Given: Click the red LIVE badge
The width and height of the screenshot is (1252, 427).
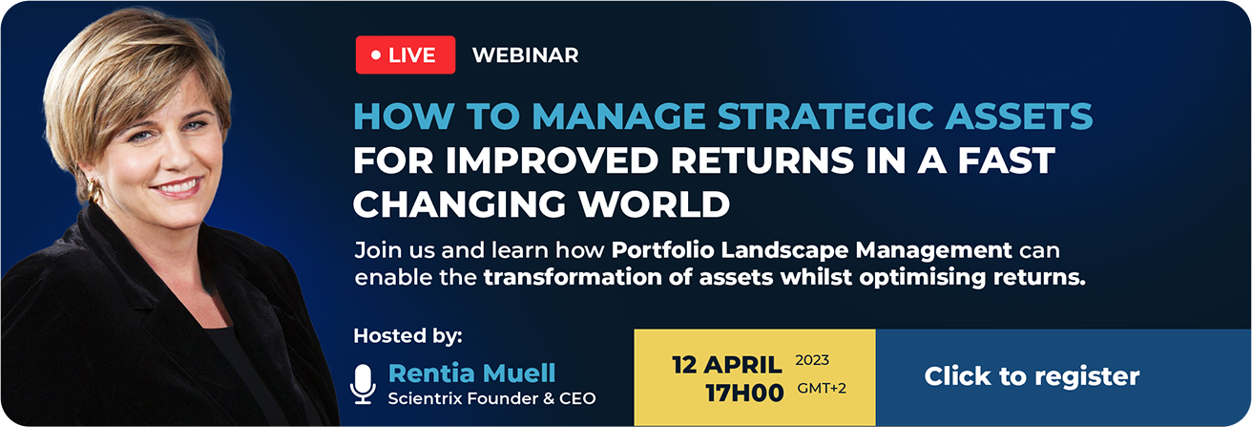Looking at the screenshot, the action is click(x=406, y=54).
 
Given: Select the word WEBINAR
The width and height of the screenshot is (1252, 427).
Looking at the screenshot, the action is click(x=526, y=54).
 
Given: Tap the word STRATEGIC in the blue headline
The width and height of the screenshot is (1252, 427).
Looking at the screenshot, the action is click(x=825, y=117).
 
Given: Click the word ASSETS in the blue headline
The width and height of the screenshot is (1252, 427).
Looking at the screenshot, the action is click(x=1018, y=117).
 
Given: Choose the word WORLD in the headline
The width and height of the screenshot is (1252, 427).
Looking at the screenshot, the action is click(x=654, y=203).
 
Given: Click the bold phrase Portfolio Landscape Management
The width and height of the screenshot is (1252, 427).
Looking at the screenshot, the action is click(x=811, y=250).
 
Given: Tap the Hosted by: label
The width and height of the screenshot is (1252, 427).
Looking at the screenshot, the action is click(x=408, y=336).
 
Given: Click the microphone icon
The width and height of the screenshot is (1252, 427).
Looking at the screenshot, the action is click(x=363, y=384).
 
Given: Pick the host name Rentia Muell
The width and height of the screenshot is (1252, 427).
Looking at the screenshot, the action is click(x=471, y=373).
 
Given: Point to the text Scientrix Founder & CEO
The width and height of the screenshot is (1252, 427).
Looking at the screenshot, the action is click(x=491, y=398).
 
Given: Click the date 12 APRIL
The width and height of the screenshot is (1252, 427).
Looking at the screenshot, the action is click(x=726, y=365).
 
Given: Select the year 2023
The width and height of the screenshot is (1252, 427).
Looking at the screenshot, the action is click(x=812, y=360).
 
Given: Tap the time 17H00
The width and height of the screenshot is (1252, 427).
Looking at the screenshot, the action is click(x=744, y=393).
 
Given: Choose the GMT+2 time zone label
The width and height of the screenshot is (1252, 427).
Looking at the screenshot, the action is click(x=822, y=388).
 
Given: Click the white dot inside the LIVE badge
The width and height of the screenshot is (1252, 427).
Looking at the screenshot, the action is click(x=376, y=54).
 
